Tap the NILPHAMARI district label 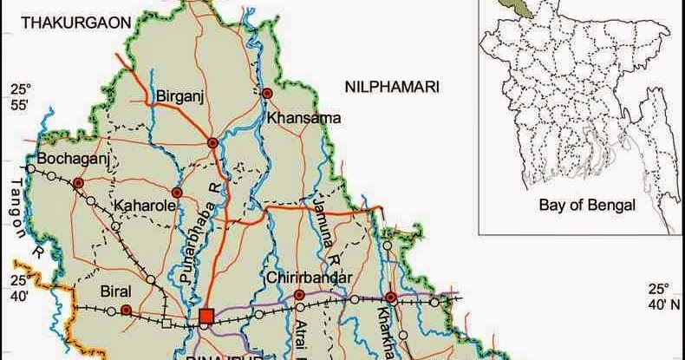392,87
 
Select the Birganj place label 179,96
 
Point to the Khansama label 303,117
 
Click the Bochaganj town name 70,160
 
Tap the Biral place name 115,291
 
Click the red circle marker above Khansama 268,93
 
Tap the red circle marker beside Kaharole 177,193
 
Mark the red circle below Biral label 126,310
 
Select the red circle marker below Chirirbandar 299,295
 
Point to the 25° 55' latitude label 20,97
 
